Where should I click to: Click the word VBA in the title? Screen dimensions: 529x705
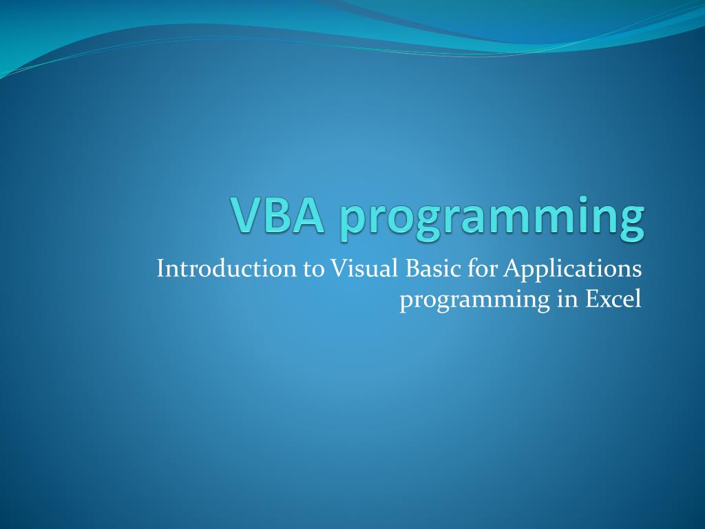tap(277, 215)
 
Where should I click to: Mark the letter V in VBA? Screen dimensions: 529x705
tap(246, 215)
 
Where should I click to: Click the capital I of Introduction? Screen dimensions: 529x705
tap(161, 269)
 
